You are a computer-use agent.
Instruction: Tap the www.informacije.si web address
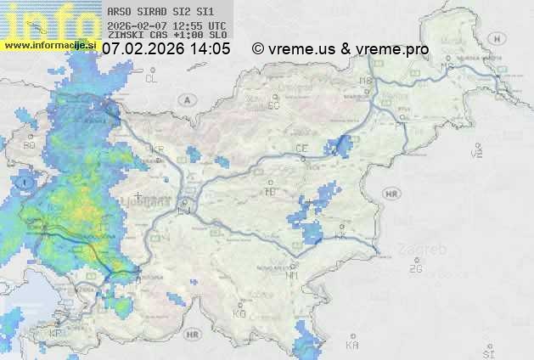click(x=50, y=45)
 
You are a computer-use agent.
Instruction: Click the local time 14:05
click(x=211, y=49)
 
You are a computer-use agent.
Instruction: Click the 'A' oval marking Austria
click(x=186, y=99)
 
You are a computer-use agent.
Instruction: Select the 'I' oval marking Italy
click(x=26, y=182)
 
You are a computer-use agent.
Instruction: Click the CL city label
click(x=152, y=79)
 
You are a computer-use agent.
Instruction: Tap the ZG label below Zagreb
click(x=415, y=269)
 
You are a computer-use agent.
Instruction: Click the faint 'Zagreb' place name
click(x=427, y=250)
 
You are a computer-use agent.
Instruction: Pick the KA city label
click(x=352, y=345)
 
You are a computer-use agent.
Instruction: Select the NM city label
click(x=292, y=275)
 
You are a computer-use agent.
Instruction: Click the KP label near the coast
click(x=56, y=333)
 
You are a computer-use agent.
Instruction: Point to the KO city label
click(x=239, y=313)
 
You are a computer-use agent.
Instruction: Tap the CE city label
click(x=301, y=148)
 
